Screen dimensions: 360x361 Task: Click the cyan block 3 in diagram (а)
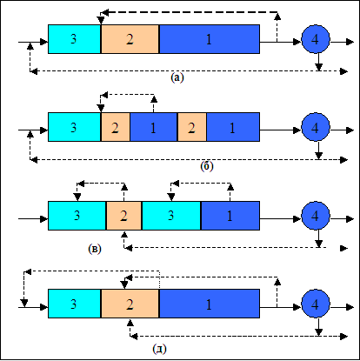click(74, 39)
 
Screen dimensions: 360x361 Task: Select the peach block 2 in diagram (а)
click(130, 39)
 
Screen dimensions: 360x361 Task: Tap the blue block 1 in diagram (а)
click(210, 39)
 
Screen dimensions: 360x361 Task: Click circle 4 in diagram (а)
click(316, 39)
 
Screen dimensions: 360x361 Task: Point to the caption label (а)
click(177, 77)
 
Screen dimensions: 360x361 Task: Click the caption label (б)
click(207, 166)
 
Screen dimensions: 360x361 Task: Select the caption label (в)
click(95, 249)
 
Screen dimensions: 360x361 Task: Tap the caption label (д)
click(159, 349)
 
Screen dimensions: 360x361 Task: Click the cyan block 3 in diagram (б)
click(74, 127)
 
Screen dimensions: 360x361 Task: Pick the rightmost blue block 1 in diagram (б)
click(233, 127)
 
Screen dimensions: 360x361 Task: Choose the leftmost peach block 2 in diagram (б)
click(116, 127)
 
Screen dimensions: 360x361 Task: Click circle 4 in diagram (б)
click(316, 127)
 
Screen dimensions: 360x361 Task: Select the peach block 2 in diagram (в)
click(123, 216)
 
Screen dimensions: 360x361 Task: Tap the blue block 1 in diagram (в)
click(230, 216)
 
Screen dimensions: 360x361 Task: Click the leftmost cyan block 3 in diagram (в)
click(77, 216)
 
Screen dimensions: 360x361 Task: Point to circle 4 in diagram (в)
click(316, 216)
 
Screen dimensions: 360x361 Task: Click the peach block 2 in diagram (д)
click(130, 304)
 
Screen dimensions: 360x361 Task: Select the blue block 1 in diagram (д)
click(210, 304)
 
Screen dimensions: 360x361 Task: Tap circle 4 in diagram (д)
click(316, 304)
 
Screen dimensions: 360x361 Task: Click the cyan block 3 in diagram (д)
click(74, 304)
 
